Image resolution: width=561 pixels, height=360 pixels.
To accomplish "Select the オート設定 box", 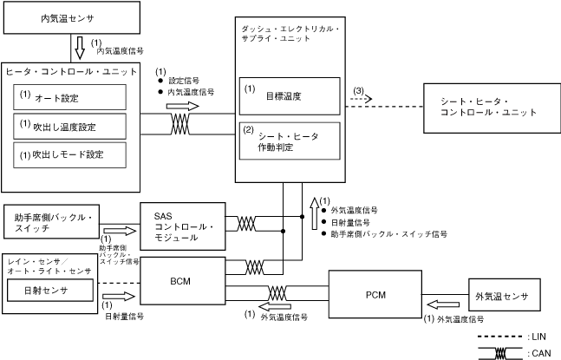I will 69,97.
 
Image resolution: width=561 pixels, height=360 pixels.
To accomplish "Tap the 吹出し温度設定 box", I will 69,127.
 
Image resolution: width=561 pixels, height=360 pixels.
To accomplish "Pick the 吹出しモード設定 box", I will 69,155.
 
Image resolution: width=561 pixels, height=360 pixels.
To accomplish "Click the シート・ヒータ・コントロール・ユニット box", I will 488,107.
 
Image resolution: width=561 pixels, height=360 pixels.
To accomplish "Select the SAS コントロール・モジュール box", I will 183,226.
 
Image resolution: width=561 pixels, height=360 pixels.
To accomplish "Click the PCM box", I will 375,294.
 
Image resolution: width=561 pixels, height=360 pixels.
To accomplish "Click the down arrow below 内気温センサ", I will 80,46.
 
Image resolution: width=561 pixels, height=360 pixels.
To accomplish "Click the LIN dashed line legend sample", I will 502,334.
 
